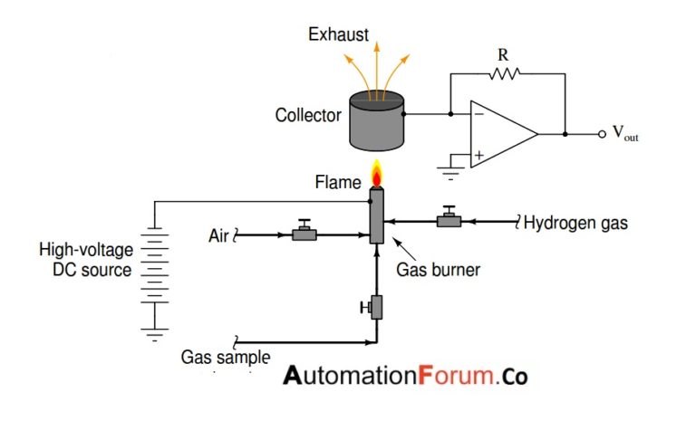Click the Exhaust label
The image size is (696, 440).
click(338, 35)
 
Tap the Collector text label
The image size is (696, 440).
click(308, 116)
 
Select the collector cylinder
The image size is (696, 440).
click(375, 121)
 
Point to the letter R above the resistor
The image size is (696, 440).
click(504, 54)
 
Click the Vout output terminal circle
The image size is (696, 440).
click(601, 134)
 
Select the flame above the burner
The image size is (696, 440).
click(376, 172)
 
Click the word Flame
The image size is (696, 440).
click(338, 183)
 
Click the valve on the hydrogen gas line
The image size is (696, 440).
click(447, 219)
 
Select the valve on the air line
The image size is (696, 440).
click(303, 234)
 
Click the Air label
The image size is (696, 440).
click(218, 236)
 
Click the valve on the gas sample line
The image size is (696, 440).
click(374, 307)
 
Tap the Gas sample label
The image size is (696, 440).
click(226, 357)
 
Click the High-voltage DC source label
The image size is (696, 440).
click(85, 259)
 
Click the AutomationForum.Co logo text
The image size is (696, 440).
click(405, 376)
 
